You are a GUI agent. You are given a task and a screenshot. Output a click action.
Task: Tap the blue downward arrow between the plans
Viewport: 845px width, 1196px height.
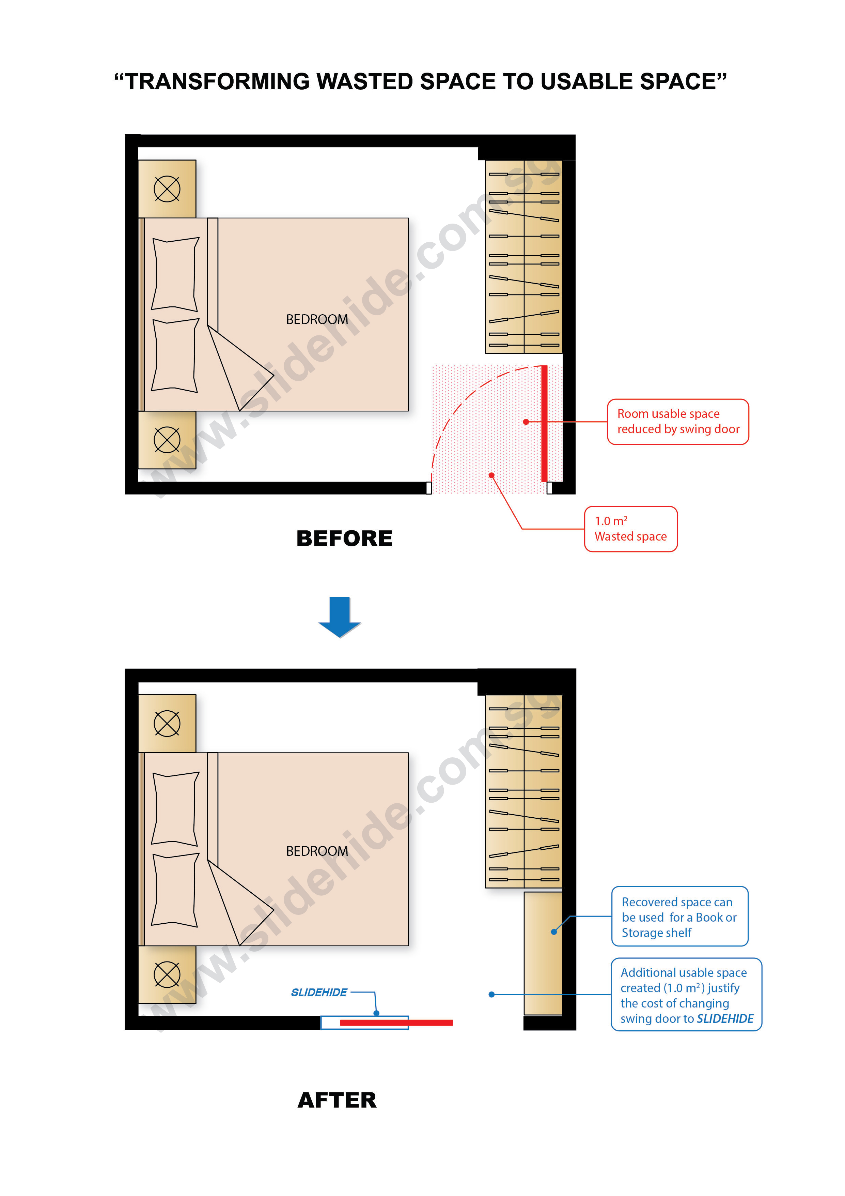[340, 617]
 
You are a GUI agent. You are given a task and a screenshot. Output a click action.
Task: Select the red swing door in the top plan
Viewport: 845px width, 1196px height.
[544, 423]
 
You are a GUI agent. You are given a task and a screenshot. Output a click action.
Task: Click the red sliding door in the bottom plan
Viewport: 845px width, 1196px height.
[396, 1023]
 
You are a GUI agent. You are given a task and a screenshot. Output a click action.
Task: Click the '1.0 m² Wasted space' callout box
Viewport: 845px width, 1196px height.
[630, 529]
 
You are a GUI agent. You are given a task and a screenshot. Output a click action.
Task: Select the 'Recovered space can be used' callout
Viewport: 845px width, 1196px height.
[679, 916]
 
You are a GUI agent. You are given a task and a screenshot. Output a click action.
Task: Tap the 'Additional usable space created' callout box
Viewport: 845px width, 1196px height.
[686, 995]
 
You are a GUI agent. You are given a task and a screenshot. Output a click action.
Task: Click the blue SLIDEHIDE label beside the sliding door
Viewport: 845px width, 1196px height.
[319, 992]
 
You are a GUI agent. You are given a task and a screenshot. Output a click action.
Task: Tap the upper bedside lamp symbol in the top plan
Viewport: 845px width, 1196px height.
[167, 188]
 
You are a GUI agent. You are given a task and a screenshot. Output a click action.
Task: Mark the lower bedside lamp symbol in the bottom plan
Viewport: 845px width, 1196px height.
[167, 974]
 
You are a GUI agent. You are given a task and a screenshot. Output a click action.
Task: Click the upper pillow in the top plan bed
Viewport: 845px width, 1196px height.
[175, 274]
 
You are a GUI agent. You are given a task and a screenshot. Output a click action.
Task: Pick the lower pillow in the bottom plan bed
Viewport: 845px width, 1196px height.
[175, 890]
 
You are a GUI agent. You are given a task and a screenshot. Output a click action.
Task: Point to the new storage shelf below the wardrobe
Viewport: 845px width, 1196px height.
[543, 953]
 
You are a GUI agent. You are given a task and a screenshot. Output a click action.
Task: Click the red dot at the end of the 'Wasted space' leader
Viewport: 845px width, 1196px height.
[491, 475]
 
